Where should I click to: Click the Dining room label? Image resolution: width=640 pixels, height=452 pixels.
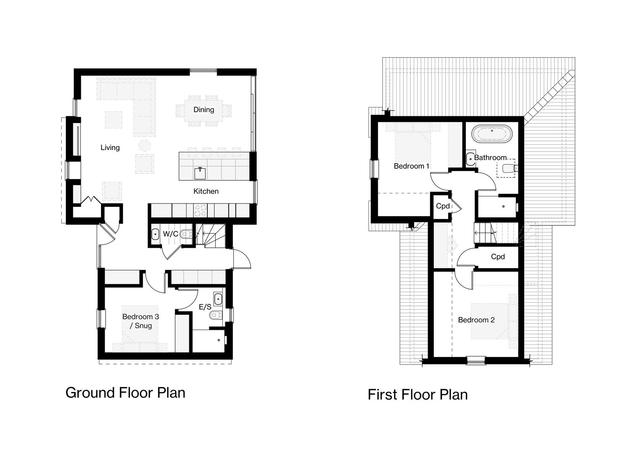204,110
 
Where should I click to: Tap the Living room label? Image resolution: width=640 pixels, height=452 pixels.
110,147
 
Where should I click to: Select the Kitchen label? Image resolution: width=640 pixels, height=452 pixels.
206,191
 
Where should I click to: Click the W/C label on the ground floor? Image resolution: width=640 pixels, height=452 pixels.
170,234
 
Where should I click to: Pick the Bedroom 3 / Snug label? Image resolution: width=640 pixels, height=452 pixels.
140,321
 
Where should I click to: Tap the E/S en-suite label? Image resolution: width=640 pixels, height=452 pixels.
205,307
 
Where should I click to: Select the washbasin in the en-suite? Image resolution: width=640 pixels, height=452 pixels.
218,299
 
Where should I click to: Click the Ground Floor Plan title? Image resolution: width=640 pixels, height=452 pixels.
125,393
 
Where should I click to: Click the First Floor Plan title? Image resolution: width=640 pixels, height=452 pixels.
418,395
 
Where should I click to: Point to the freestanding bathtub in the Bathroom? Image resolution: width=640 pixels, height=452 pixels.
491,134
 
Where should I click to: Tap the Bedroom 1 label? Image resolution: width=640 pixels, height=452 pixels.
411,166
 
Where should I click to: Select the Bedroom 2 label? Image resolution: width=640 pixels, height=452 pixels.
476,320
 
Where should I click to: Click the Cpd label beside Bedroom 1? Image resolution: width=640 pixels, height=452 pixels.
443,206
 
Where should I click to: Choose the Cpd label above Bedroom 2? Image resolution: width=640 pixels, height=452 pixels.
498,257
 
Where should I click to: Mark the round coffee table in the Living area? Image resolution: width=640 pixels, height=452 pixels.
145,146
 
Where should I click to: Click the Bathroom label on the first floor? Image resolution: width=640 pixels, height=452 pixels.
490,158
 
